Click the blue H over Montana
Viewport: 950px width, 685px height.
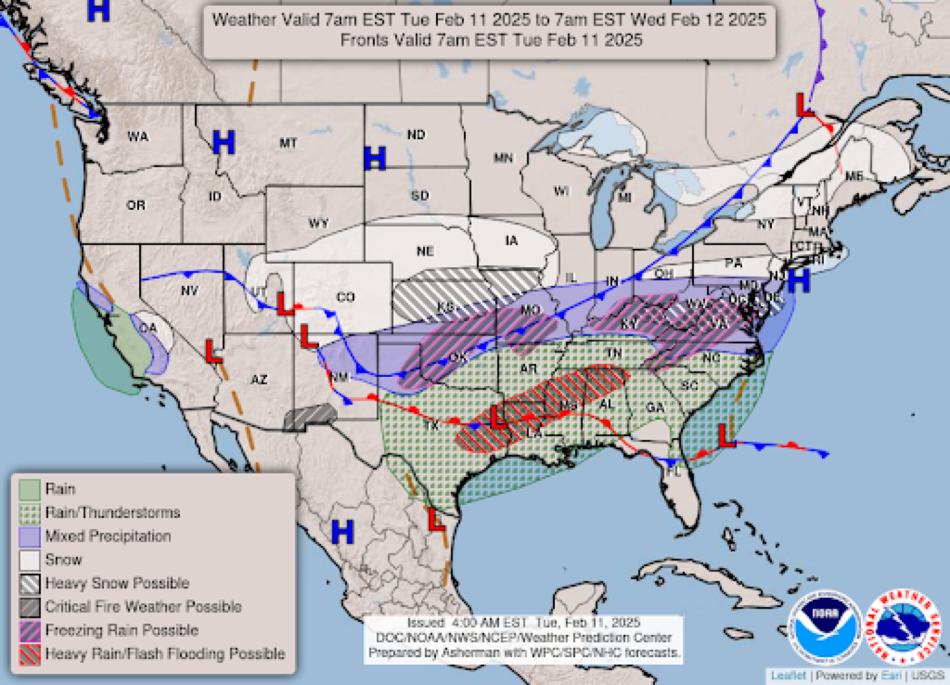[x=224, y=142]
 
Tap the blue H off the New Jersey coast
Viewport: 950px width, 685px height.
[x=798, y=281]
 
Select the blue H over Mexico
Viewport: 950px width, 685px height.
[x=342, y=531]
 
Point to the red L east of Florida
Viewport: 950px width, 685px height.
[x=726, y=436]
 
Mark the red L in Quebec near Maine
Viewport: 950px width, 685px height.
[x=804, y=106]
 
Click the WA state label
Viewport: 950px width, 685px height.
[x=138, y=137]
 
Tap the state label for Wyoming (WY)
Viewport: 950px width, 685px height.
[x=318, y=223]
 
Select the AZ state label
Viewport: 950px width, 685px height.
[x=259, y=379]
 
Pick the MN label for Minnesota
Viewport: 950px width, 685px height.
[x=503, y=158]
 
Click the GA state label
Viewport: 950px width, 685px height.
[x=655, y=407]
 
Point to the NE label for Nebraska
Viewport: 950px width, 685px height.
[x=426, y=251]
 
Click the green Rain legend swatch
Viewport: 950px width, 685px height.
[x=30, y=490]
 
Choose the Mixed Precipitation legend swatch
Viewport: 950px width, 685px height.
[x=30, y=537]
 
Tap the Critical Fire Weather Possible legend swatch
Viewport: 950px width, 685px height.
[x=30, y=607]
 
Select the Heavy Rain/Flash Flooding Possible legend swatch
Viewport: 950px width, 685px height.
[x=30, y=654]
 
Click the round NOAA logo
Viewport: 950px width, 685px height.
[x=825, y=626]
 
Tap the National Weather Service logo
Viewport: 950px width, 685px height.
[x=903, y=626]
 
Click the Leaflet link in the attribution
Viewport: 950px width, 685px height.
[x=788, y=676]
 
